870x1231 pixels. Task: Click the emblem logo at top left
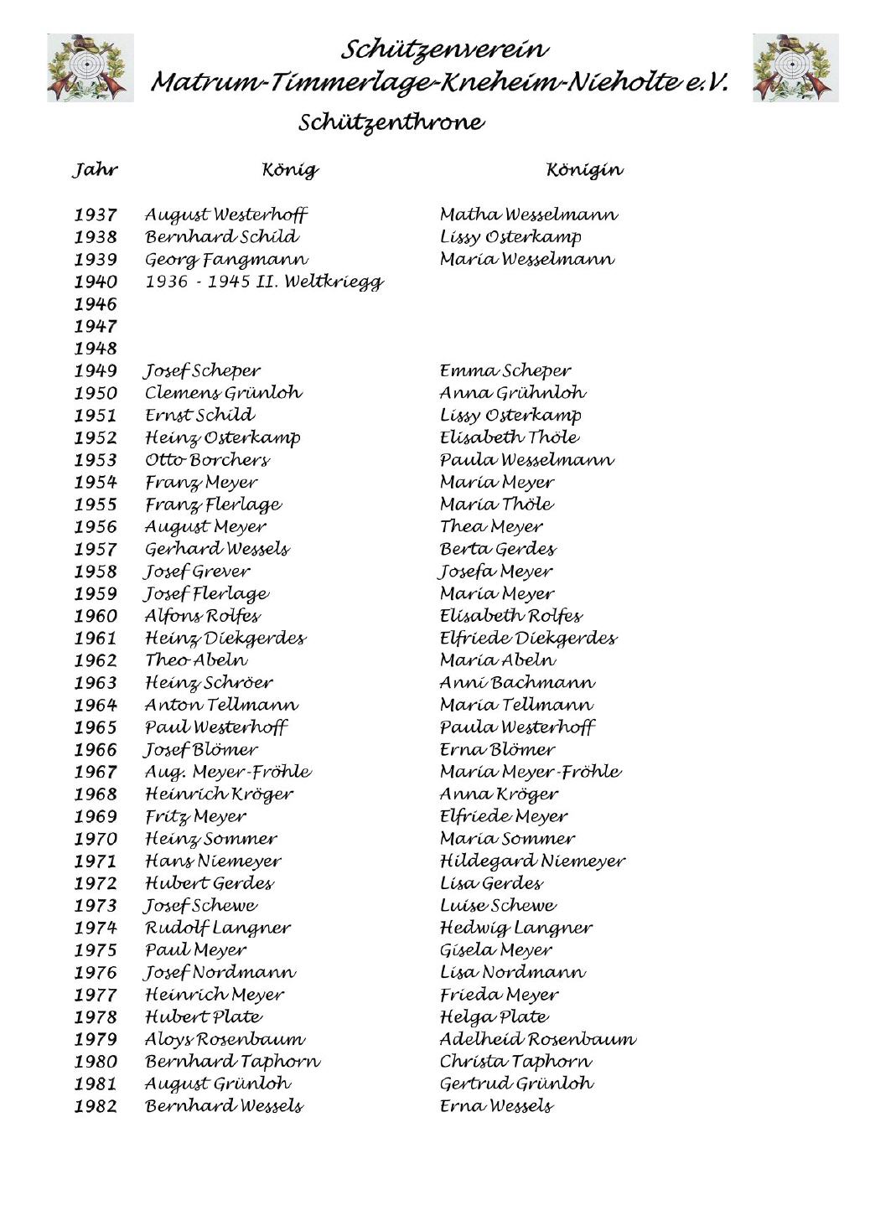[x=91, y=68]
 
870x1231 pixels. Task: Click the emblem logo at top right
[x=795, y=68]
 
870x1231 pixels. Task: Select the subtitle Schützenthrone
[x=391, y=122]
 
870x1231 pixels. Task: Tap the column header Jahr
[x=95, y=170]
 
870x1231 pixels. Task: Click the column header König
[x=290, y=170]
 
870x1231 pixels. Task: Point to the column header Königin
[x=584, y=170]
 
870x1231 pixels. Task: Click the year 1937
[x=96, y=215]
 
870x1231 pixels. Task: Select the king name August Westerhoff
[x=226, y=215]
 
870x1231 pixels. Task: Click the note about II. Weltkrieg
[x=264, y=282]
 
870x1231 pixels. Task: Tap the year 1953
[x=96, y=460]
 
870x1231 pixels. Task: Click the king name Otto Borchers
[x=208, y=460]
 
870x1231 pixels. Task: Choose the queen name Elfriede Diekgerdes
[x=528, y=639]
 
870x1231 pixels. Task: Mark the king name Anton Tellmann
[x=221, y=706]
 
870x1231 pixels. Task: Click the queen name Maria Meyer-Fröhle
[x=531, y=772]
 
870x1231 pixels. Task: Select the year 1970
[x=96, y=839]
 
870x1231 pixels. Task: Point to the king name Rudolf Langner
[x=218, y=928]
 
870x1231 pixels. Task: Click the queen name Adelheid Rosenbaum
[x=537, y=1040]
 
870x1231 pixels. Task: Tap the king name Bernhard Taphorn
[x=232, y=1062]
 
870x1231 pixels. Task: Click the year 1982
[x=96, y=1107]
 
